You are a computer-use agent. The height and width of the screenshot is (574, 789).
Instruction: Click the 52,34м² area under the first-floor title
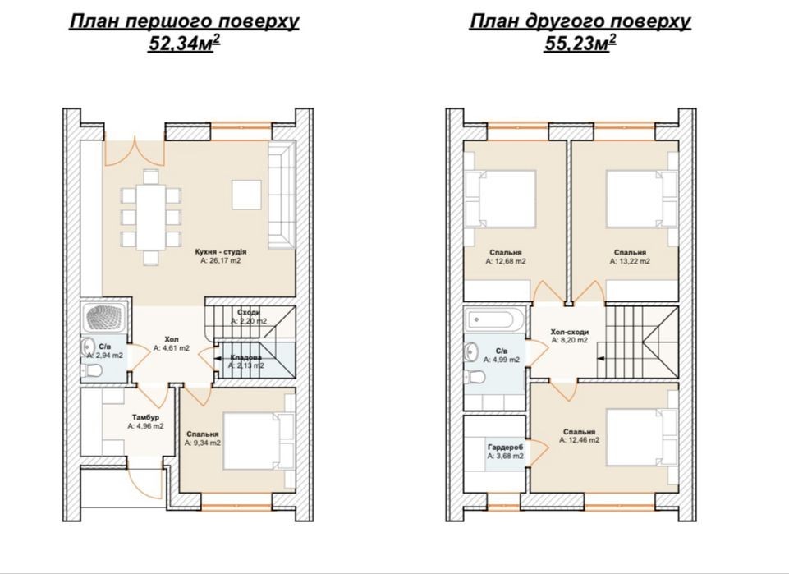(x=184, y=44)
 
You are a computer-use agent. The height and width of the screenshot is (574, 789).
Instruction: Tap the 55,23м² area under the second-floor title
(x=580, y=44)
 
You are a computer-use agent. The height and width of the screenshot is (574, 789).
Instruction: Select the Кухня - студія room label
(x=221, y=251)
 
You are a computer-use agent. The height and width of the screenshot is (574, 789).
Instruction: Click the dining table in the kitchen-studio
(x=151, y=216)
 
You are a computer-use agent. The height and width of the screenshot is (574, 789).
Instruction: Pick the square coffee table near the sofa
(x=246, y=195)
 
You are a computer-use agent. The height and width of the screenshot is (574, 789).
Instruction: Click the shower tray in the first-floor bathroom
(x=105, y=318)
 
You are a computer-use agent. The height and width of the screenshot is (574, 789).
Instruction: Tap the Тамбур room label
(x=146, y=417)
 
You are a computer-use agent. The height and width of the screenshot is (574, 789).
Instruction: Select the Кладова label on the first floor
(x=246, y=358)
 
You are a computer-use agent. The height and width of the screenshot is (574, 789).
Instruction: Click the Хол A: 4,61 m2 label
(x=172, y=343)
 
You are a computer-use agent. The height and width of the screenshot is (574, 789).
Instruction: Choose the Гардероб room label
(x=505, y=448)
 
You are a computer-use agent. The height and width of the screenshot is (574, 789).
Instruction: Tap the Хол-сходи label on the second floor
(x=570, y=332)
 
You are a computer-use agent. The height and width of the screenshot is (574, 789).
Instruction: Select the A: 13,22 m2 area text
(x=630, y=261)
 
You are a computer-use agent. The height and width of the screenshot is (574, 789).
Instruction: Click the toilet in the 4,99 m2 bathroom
(x=475, y=376)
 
